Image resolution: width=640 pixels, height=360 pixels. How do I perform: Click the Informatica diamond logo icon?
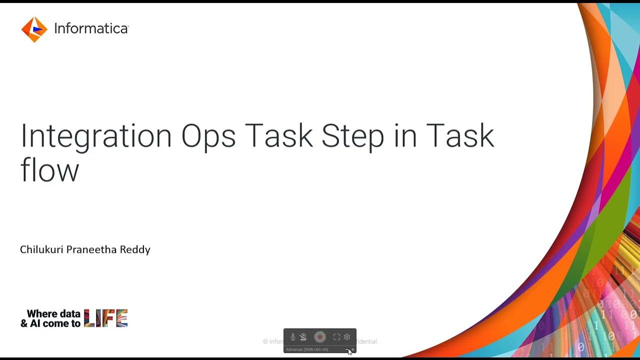click(x=34, y=29)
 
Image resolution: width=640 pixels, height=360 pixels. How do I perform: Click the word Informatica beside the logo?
click(x=91, y=29)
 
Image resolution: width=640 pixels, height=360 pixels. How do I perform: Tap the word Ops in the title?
click(x=208, y=135)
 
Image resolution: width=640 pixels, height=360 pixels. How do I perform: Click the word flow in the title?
click(x=49, y=169)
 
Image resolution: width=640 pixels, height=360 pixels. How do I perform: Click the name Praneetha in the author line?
click(x=91, y=249)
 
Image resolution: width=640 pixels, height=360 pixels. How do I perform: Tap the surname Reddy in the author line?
click(x=135, y=249)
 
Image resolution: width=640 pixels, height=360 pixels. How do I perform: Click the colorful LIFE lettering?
click(x=106, y=318)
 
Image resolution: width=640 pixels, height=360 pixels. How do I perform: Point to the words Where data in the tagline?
click(x=53, y=314)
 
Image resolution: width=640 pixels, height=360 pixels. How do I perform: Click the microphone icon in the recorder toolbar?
click(x=293, y=337)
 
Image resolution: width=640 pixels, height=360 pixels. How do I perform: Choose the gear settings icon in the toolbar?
click(x=347, y=337)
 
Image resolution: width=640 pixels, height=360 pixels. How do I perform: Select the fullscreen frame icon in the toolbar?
click(x=336, y=337)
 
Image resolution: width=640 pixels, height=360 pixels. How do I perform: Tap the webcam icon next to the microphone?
click(x=303, y=337)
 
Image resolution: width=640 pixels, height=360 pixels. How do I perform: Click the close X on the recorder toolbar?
click(x=353, y=349)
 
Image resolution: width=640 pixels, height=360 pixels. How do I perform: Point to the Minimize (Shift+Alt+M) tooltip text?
click(x=307, y=349)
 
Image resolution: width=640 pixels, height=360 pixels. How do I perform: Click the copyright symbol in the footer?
click(x=265, y=341)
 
